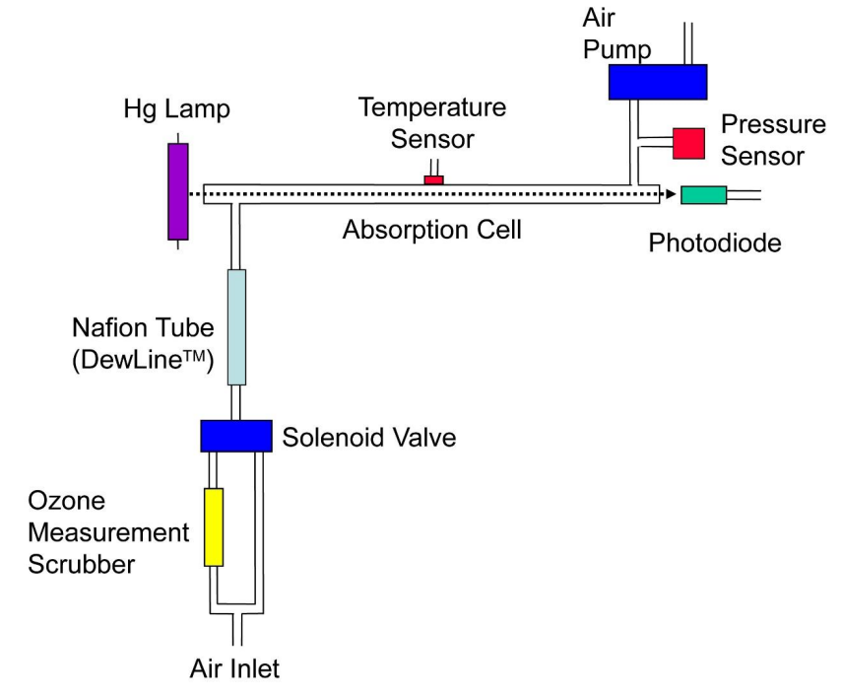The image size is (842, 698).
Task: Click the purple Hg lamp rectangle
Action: point(178,191)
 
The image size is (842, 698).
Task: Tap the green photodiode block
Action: point(703,194)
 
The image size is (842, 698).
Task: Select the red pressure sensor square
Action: point(688,143)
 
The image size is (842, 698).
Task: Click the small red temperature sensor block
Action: point(433,178)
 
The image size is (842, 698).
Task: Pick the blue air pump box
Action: point(657,81)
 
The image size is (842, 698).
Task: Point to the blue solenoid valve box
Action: point(236,435)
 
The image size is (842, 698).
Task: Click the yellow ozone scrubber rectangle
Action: point(214,526)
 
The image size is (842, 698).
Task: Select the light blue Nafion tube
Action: point(236,326)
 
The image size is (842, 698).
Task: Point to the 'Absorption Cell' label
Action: point(431,232)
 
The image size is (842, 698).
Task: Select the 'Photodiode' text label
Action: point(714,243)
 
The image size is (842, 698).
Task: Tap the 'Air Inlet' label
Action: point(234,669)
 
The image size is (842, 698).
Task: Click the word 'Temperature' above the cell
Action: point(431,106)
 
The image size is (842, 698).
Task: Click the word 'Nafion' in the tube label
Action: point(110,326)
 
